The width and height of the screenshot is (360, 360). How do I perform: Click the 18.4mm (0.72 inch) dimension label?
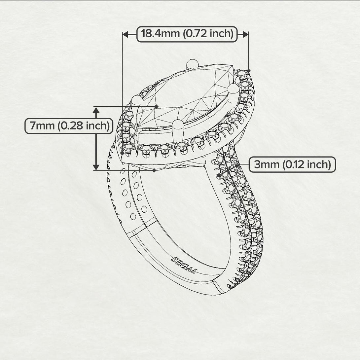tap(187, 34)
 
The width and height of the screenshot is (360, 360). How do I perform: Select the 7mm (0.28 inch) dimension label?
tap(69, 126)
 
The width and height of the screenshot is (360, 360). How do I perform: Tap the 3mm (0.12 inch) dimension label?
tap(292, 164)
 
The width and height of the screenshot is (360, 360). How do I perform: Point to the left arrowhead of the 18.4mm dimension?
tap(126, 34)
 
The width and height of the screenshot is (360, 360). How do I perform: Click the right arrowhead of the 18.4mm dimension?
tap(245, 34)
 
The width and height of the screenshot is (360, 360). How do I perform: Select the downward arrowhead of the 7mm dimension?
tap(96, 167)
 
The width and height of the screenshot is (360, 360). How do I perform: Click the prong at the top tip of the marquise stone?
tap(193, 64)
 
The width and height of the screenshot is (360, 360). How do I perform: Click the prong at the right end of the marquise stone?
tap(234, 89)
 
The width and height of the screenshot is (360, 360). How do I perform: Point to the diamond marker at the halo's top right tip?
tap(249, 71)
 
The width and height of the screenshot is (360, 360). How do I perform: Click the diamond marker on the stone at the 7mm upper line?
tap(156, 106)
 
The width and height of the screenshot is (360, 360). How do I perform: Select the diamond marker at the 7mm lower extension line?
tap(154, 170)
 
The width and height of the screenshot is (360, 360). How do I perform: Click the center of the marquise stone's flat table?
tap(184, 96)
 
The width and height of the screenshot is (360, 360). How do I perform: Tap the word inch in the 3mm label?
tap(319, 164)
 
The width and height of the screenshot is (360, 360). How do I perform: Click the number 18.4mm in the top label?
tap(161, 34)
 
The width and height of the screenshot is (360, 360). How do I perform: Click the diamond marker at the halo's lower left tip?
tap(123, 153)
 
